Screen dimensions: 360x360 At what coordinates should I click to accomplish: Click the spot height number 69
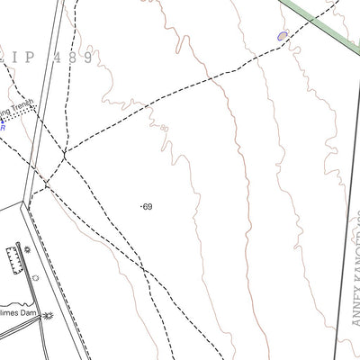coord(148,207)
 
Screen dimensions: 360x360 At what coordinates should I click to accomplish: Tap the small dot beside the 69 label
coord(142,207)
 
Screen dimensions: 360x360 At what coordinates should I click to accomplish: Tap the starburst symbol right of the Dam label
coord(48,315)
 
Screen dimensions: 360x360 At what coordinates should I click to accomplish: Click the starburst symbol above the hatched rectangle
coord(27,248)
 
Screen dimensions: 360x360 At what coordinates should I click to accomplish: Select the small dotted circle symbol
coord(35,278)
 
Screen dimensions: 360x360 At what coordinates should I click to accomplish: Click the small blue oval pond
coord(283,35)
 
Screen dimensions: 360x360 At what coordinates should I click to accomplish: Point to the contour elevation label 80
coord(164,129)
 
